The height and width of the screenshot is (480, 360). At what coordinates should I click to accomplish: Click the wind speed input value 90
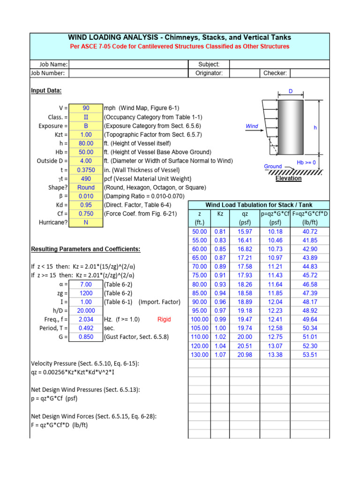[86, 108]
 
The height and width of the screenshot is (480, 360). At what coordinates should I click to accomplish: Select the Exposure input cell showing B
[86, 126]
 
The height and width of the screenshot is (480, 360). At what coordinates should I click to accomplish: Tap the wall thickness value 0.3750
[86, 170]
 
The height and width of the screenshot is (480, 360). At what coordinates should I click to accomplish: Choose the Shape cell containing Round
[86, 187]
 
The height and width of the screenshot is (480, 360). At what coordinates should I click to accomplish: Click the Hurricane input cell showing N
[86, 223]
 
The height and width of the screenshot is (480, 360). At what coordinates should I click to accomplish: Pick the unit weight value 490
[86, 179]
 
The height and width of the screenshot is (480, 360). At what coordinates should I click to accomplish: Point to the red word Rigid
[164, 319]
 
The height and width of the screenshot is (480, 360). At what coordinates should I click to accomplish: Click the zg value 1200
[86, 293]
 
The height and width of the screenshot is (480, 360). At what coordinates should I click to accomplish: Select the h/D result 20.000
[86, 310]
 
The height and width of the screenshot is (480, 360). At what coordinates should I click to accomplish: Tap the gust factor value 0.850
[86, 337]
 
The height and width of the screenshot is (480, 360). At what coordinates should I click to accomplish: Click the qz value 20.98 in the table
[245, 354]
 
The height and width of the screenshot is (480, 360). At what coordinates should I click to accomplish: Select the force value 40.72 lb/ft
[310, 232]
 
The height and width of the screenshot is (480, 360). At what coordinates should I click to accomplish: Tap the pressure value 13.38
[275, 354]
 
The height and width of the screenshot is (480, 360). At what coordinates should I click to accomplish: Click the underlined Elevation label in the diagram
[288, 179]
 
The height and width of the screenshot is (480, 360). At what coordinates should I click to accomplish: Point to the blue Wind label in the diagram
[252, 126]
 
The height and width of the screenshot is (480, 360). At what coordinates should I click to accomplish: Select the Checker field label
[275, 73]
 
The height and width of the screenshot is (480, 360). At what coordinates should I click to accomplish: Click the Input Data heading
[46, 90]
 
